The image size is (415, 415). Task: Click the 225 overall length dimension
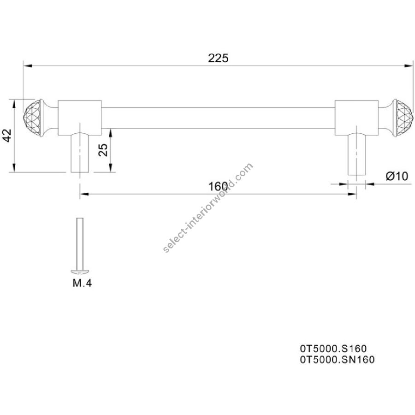tap(218, 58)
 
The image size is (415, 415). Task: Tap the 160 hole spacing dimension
tap(218, 187)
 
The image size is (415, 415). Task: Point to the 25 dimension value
tap(103, 150)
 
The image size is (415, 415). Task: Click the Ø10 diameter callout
tap(397, 176)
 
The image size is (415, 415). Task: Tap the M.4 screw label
tap(82, 283)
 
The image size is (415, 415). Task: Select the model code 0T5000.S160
tap(333, 348)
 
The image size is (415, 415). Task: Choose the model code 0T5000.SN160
tap(337, 360)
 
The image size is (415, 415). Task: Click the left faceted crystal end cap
tap(32, 118)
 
